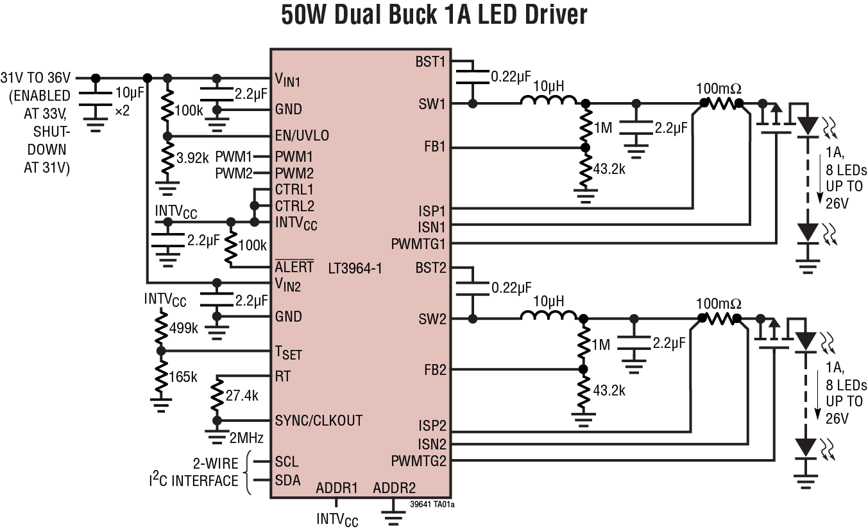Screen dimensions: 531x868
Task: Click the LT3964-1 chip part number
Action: (x=354, y=268)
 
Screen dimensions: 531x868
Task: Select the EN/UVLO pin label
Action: (x=302, y=136)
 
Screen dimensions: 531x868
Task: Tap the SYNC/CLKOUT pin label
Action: (x=319, y=421)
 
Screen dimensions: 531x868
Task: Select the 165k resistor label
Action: (x=184, y=377)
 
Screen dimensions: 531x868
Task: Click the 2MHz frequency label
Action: (x=246, y=439)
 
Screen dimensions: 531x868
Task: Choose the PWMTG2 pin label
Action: (x=418, y=461)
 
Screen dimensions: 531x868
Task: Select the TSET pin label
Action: (x=288, y=353)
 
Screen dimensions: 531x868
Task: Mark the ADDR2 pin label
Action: (x=394, y=488)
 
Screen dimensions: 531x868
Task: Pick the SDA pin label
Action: (x=287, y=480)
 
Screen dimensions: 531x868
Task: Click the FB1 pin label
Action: (x=434, y=148)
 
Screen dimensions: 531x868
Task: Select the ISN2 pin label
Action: (x=431, y=444)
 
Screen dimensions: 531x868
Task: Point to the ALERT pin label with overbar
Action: (x=294, y=267)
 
